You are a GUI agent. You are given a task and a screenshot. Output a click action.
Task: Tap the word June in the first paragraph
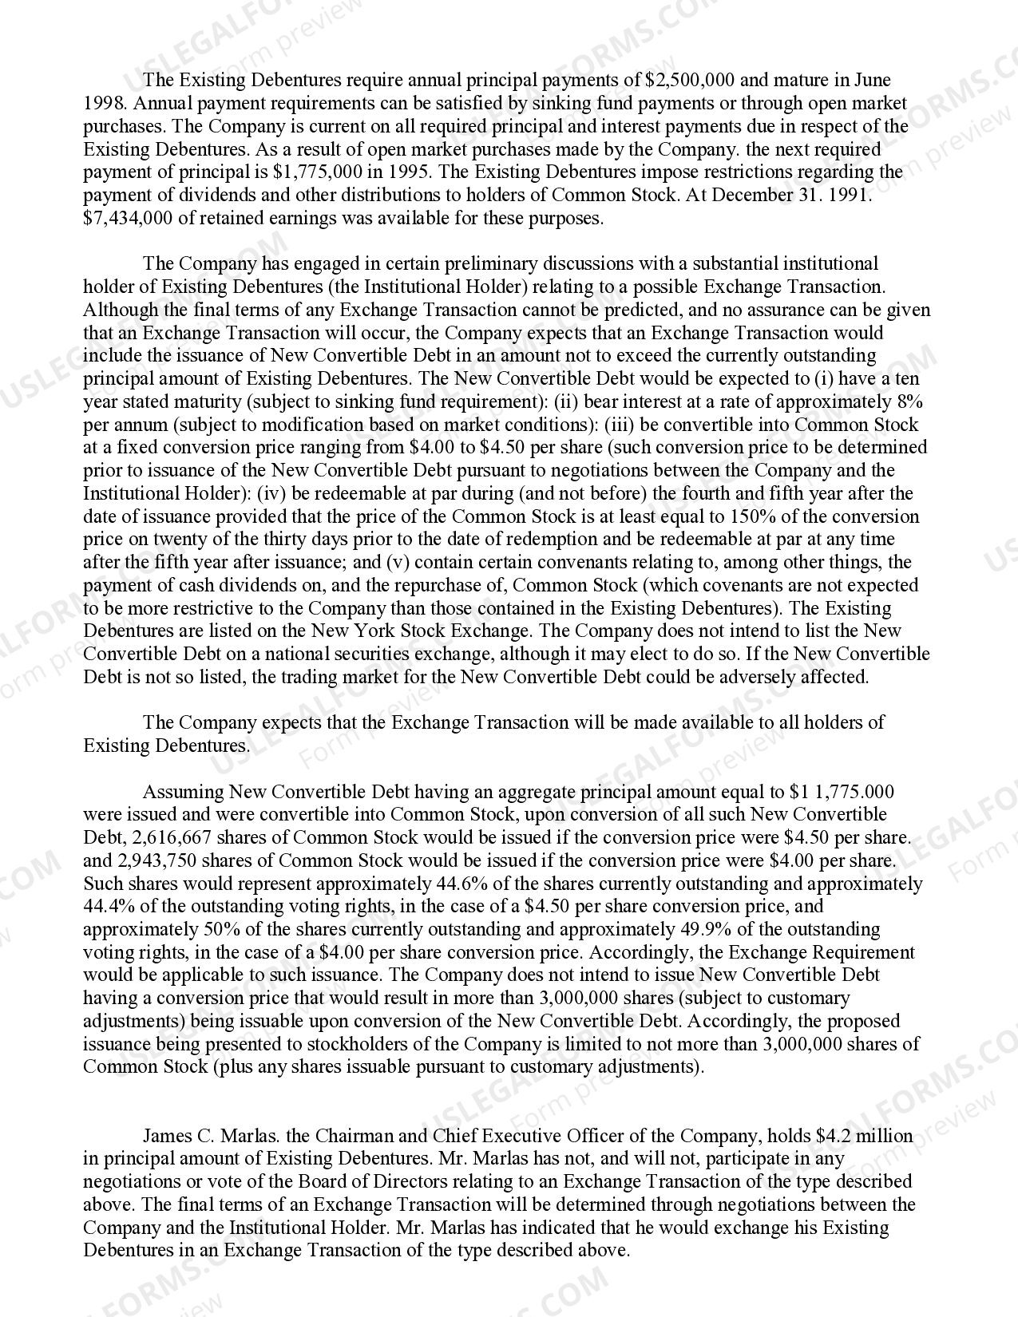coord(872,80)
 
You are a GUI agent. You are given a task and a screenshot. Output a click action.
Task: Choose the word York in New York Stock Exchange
coord(368,631)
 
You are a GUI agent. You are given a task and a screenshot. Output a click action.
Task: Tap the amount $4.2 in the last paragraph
coord(834,1136)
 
